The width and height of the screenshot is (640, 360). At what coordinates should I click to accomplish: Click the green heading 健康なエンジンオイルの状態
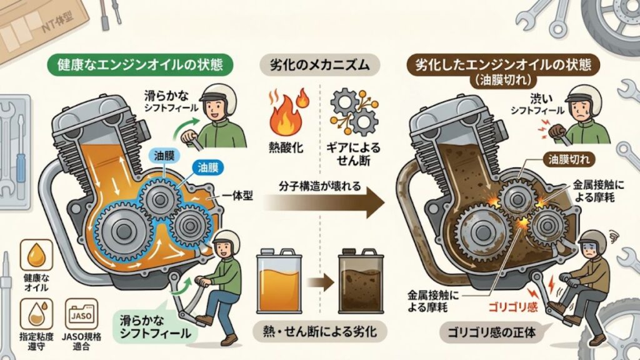tap(136, 64)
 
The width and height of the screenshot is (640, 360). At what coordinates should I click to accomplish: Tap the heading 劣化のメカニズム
tap(320, 64)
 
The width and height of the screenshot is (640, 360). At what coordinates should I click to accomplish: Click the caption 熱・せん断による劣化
tap(320, 329)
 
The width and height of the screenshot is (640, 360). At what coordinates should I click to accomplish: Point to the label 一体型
tap(240, 196)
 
